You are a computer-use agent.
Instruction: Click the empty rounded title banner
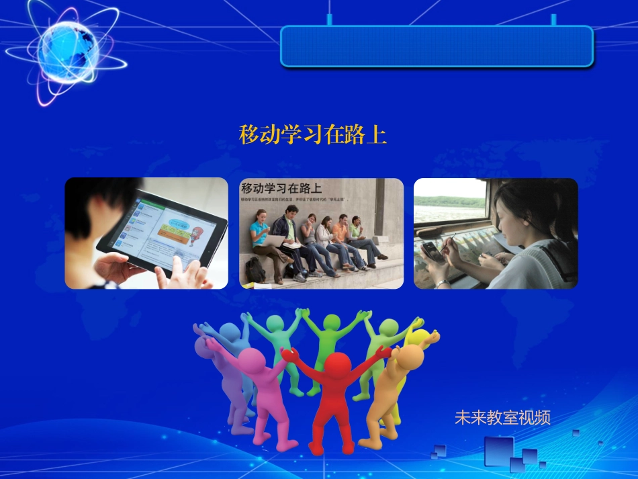coord(437,46)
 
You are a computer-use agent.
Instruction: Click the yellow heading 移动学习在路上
coord(313,134)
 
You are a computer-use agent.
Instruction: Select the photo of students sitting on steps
coord(322,233)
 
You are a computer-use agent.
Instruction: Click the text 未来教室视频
coord(502,417)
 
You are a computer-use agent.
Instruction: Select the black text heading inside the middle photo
coord(281,188)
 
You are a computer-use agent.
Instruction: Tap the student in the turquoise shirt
coord(259,232)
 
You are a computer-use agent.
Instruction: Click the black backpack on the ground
coord(255,270)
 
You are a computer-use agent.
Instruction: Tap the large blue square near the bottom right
coord(498,451)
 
